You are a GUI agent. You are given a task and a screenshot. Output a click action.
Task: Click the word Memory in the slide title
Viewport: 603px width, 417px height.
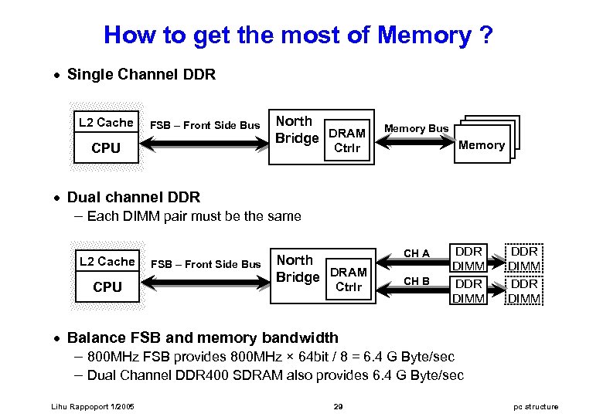pos(424,36)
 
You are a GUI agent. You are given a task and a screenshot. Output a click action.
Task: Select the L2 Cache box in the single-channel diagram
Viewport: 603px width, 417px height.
pos(106,122)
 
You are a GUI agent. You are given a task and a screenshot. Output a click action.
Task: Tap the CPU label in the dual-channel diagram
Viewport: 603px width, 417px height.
pos(107,286)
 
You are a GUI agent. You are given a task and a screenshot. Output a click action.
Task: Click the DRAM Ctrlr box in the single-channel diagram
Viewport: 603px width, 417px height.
pos(347,140)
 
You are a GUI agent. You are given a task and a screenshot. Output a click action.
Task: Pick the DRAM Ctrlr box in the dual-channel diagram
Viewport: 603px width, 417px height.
pos(349,279)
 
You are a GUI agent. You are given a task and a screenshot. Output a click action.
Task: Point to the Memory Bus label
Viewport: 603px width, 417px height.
pos(417,128)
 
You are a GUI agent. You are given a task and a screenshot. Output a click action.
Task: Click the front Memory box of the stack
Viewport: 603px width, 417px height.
pos(482,144)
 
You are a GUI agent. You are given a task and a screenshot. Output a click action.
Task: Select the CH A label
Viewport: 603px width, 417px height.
pos(417,253)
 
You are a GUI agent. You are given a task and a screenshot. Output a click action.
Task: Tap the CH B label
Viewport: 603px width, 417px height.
pos(417,281)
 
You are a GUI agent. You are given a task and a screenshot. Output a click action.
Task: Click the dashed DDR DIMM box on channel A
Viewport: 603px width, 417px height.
pos(524,258)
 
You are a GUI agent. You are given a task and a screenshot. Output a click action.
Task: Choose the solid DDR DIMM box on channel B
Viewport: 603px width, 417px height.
pos(468,290)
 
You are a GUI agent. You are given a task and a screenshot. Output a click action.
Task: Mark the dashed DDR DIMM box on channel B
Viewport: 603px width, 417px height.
pos(524,290)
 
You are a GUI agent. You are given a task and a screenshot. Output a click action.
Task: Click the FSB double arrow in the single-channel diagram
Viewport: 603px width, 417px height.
pos(204,144)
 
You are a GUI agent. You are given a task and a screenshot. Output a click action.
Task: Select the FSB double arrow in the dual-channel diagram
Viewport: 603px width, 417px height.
pos(206,283)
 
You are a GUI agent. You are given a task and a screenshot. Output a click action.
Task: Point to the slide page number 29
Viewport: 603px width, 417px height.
pos(339,407)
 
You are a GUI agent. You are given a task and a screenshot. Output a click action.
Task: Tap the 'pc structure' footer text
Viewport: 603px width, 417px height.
pos(536,407)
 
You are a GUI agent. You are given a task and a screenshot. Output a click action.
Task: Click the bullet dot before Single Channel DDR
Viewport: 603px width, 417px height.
pos(57,75)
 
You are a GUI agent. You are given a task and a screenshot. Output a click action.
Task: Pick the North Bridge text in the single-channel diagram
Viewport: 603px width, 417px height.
pos(298,130)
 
